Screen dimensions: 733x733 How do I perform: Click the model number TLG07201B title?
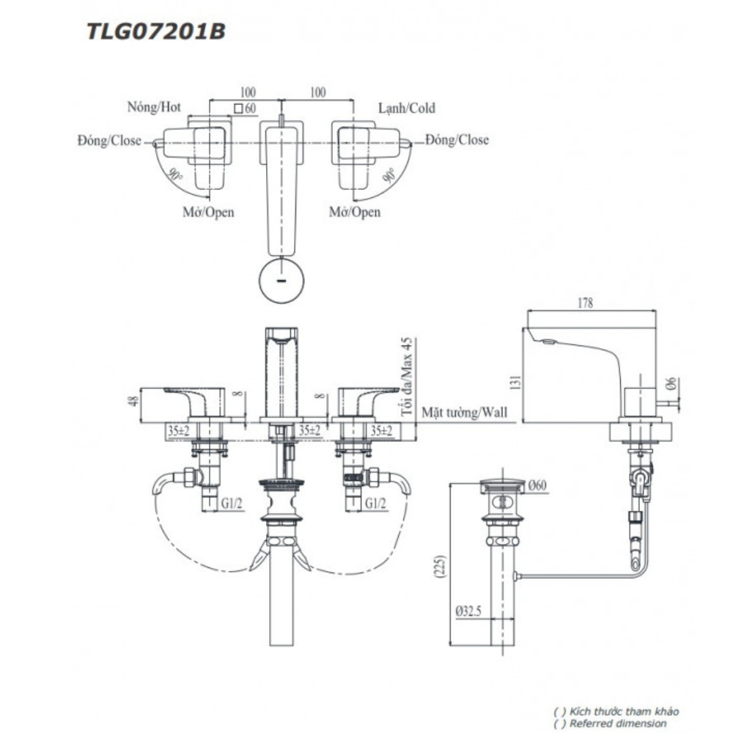pos(156,32)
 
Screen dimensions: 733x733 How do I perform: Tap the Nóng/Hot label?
pos(154,107)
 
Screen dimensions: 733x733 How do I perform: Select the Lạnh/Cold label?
pos(407,108)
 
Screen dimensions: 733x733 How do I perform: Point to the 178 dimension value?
pos(585,303)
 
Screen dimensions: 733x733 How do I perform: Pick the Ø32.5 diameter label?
pos(468,611)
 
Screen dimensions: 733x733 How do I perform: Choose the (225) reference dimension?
pos(441,567)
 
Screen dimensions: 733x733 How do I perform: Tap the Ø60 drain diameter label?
pos(537,486)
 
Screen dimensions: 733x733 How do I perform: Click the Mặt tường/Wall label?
pos(464,412)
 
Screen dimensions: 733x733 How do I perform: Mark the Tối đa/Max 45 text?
pos(407,376)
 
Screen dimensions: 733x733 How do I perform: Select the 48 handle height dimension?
pos(134,401)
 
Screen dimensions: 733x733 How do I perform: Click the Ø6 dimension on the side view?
pos(671,383)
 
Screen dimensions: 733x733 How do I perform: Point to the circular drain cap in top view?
pos(281,281)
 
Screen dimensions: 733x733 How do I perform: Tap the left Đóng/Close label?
pos(109,140)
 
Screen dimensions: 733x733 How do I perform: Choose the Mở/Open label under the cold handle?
pos(355,212)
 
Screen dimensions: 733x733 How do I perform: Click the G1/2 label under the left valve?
pos(232,504)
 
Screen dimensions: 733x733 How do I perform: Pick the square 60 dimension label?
pos(246,108)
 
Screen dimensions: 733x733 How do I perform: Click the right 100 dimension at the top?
pos(318,92)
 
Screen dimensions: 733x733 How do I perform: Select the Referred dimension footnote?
pos(617,723)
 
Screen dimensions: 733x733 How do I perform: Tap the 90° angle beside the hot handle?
pos(176,175)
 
